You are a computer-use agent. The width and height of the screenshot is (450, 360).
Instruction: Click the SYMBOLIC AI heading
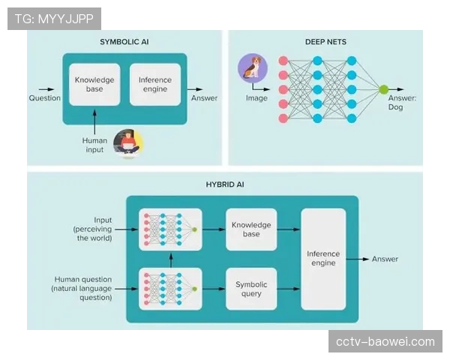[x=124, y=42]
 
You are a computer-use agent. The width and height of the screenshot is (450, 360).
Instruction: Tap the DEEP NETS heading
[x=325, y=42]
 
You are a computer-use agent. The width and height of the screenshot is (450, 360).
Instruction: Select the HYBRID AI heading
[x=224, y=184]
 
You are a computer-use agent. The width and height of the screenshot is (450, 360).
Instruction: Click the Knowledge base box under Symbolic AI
[x=94, y=84]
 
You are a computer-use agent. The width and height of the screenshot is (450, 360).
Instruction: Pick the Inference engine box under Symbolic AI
[x=155, y=84]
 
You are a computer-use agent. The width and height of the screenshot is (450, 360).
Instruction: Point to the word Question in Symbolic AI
[x=45, y=98]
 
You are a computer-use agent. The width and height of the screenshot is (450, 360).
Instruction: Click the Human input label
[x=94, y=145]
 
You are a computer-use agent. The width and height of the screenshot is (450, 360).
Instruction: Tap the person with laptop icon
[x=127, y=142]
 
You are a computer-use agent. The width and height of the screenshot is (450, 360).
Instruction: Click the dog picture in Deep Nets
[x=253, y=69]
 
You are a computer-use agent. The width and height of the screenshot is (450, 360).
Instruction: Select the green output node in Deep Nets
[x=383, y=89]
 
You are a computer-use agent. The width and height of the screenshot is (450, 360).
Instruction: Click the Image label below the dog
[x=256, y=98]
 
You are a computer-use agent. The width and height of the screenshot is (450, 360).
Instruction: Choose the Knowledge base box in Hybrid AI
[x=251, y=229]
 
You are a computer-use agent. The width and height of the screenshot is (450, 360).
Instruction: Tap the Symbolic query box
[x=251, y=289]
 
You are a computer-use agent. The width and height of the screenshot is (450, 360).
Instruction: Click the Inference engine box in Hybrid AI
[x=323, y=259]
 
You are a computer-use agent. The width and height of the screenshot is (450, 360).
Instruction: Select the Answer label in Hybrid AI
[x=385, y=259]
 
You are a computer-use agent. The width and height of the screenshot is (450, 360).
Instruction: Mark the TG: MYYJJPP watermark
[x=54, y=19]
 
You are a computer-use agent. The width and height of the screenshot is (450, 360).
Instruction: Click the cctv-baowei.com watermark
[x=385, y=342]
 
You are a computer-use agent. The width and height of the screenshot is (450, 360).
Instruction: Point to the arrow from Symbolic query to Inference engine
[x=289, y=289]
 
